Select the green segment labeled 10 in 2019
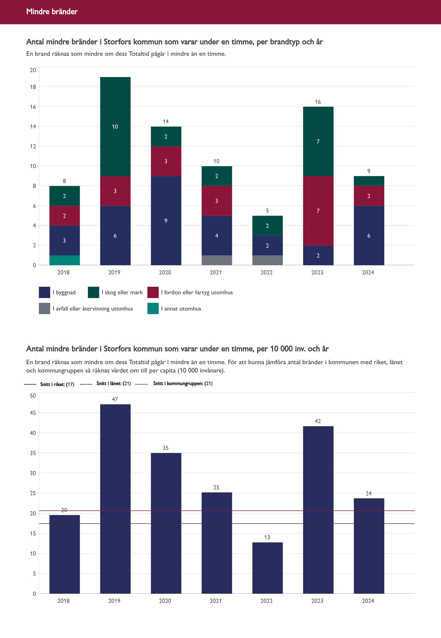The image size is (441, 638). tap(115, 126)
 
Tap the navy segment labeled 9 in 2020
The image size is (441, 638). tap(166, 220)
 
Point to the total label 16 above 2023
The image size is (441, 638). tap(318, 102)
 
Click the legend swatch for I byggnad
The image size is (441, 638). tap(44, 292)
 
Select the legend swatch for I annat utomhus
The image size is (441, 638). tap(153, 309)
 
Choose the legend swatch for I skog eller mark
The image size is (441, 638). tap(93, 292)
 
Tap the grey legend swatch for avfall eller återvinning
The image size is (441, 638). tap(44, 309)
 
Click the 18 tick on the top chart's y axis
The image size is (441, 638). tap(33, 87)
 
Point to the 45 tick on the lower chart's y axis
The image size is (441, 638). tap(33, 413)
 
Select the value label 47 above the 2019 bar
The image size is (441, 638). tap(115, 399)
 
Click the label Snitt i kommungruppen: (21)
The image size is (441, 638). tap(183, 384)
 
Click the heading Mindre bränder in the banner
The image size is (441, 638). tap(52, 11)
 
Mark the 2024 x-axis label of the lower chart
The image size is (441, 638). tap(368, 601)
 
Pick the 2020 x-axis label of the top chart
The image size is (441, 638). tap(165, 272)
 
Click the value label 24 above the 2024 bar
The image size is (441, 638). tap(369, 493)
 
